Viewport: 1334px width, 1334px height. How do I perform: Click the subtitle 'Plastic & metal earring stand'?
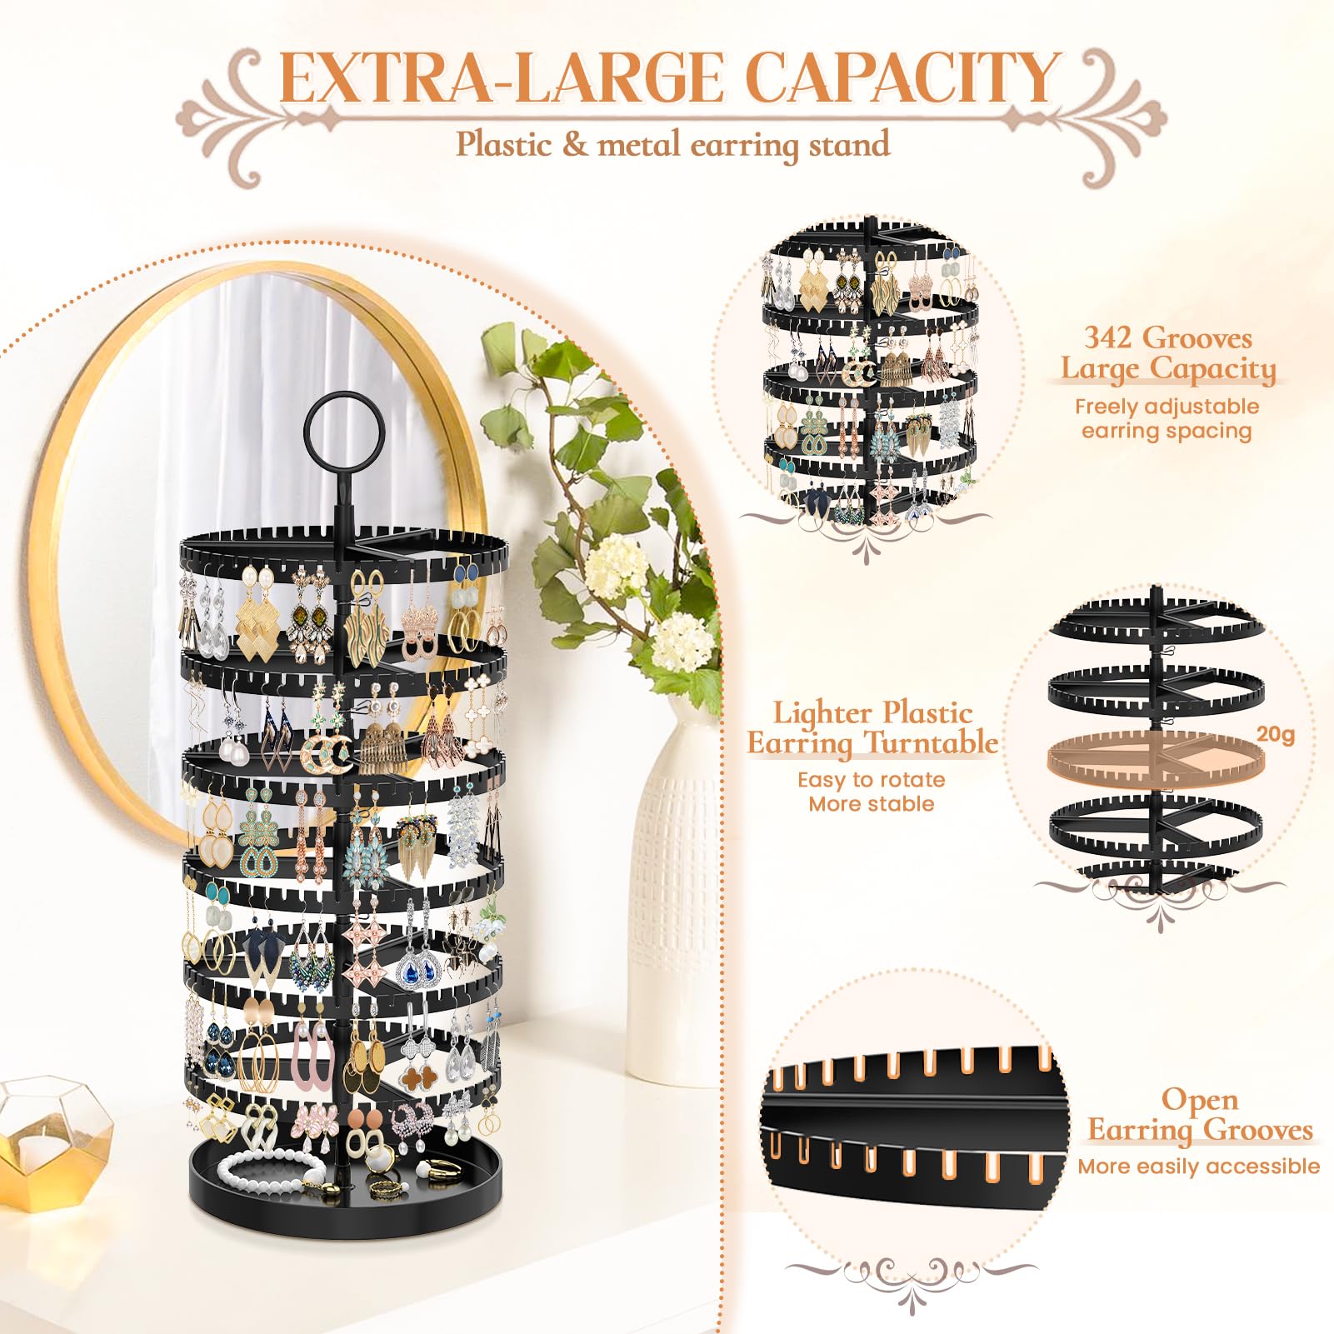(x=672, y=144)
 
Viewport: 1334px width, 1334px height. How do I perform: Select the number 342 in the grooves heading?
(x=1107, y=337)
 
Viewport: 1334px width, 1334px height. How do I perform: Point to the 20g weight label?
(x=1275, y=734)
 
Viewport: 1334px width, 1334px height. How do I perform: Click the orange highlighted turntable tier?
(x=1154, y=757)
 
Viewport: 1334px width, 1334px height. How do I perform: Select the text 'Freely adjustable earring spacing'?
(x=1166, y=418)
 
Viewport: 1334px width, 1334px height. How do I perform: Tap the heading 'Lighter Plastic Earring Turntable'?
(x=872, y=727)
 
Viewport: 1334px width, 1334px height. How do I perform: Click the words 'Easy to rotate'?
(x=871, y=780)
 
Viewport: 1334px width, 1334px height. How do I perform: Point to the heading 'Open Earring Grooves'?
(x=1200, y=1115)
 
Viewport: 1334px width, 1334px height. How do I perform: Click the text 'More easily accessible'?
(x=1197, y=1166)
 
